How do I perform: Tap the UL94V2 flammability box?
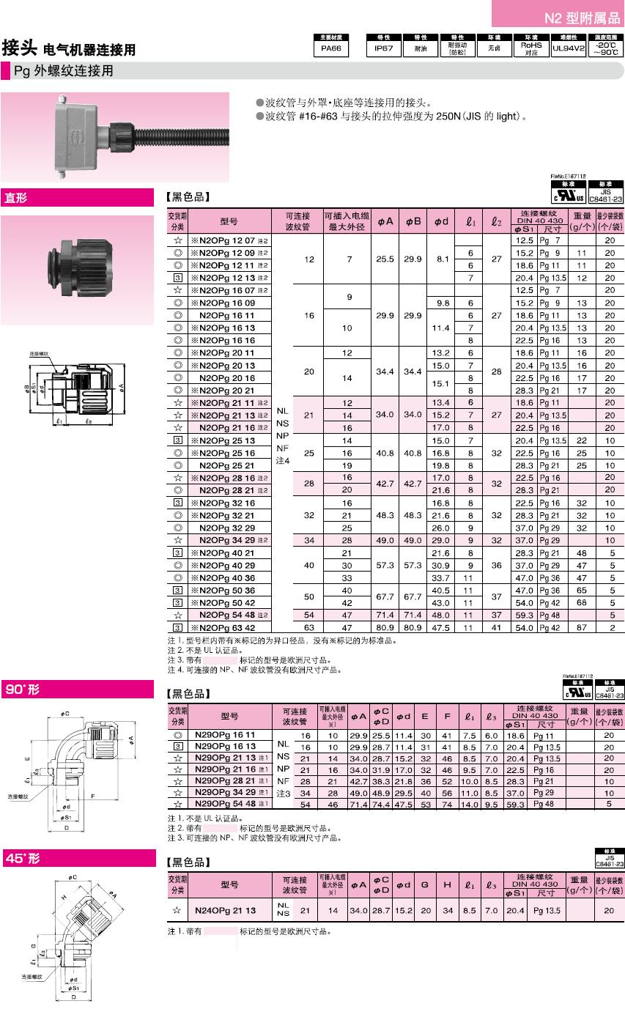click(568, 50)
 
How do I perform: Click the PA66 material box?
click(330, 50)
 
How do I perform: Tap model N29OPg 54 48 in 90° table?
click(225, 804)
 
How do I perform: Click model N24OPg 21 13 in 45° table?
click(225, 910)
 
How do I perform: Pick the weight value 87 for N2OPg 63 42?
click(580, 627)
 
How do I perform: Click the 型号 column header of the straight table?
click(229, 222)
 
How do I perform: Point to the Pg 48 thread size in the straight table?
click(550, 615)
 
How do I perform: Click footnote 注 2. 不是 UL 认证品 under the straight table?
click(212, 650)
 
